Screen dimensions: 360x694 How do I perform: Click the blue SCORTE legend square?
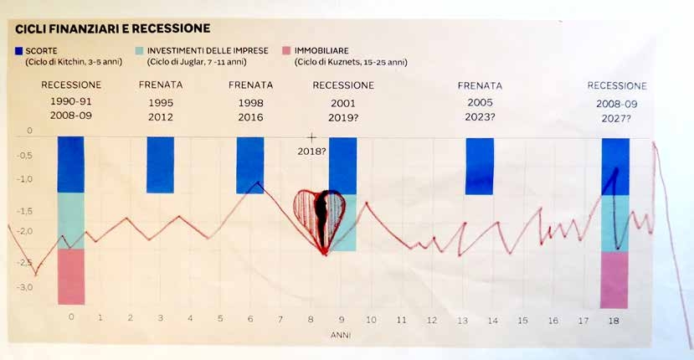[19, 51]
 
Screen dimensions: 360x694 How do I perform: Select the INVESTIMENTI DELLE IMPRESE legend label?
[207, 51]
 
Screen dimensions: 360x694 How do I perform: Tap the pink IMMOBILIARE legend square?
[286, 51]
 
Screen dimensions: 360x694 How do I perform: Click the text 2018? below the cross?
[311, 151]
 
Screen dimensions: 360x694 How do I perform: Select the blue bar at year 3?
[160, 165]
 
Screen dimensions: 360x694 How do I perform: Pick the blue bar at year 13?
[480, 166]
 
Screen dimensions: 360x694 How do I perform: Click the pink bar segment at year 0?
[71, 276]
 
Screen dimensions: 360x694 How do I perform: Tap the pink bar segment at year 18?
[614, 280]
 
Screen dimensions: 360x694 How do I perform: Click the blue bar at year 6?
[250, 164]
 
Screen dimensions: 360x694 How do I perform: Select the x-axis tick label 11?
[401, 320]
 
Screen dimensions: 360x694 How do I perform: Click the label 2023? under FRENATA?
[480, 117]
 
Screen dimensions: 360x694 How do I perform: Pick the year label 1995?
[160, 102]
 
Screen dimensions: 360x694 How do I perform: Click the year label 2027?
[616, 119]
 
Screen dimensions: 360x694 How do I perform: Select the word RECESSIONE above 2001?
[342, 85]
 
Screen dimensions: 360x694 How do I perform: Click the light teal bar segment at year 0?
[71, 220]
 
